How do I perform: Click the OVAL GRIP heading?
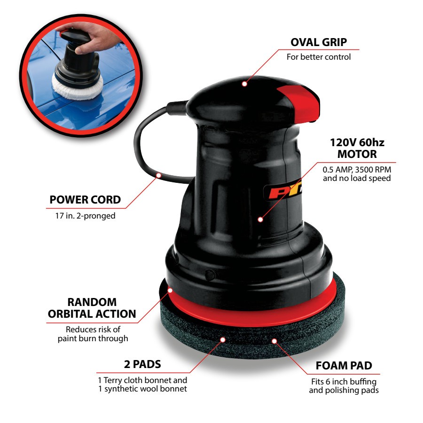tap(319, 42)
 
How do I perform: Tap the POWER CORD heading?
tap(85, 200)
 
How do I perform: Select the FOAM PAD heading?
tap(344, 366)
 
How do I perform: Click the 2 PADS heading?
tap(142, 364)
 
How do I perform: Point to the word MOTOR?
tap(357, 154)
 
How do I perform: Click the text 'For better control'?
tap(319, 57)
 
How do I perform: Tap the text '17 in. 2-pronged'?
tap(85, 216)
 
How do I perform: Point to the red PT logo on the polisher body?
tap(283, 192)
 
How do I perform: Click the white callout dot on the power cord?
tap(159, 176)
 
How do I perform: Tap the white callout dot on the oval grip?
tap(244, 84)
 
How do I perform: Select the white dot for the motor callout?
tap(260, 219)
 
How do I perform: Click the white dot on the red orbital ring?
tap(170, 290)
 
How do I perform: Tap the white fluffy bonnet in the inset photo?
tap(78, 87)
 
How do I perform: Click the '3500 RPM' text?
tap(373, 170)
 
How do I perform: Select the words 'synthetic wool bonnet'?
tap(146, 389)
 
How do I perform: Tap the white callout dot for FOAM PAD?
tap(274, 341)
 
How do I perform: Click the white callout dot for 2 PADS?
tap(223, 340)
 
